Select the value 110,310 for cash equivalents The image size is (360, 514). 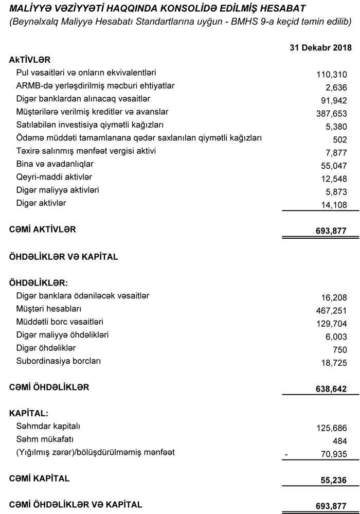tap(332, 75)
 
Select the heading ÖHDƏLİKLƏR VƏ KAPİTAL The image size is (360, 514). tap(64, 257)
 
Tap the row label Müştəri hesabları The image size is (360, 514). tap(49, 309)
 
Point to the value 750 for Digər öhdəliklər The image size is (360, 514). tap(339, 350)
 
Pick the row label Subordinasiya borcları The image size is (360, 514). tap(59, 361)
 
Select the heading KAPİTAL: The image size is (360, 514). tap(29, 413)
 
